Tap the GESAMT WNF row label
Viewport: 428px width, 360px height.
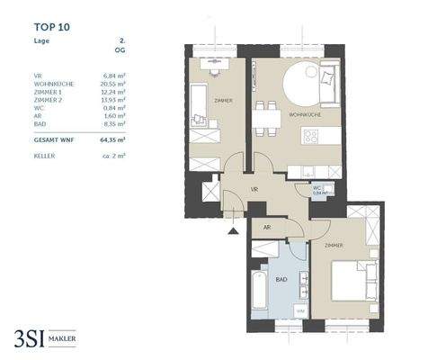coord(53,141)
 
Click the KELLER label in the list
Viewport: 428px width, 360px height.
coord(41,156)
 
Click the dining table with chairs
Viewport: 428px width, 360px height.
coord(263,114)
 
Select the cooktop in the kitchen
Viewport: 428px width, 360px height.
coord(311,138)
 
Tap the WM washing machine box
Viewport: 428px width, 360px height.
coord(300,310)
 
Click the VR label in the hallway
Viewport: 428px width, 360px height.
coord(254,190)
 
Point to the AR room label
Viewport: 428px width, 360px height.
coord(267,229)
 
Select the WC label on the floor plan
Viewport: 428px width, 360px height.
coord(317,188)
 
